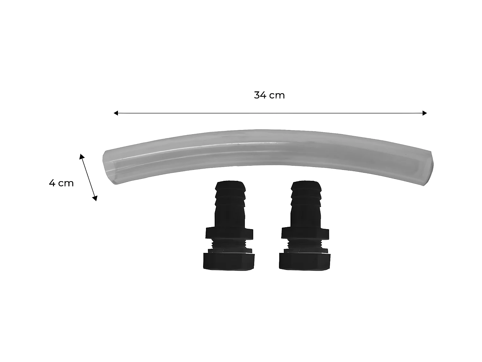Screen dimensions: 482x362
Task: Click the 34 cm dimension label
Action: point(269,95)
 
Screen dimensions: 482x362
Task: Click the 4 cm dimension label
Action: point(61,183)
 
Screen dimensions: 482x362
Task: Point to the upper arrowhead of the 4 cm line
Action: point(82,156)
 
